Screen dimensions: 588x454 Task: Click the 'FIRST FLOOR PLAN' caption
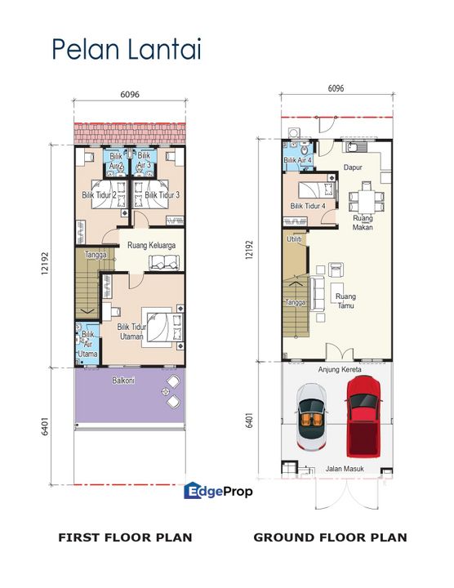pos(125,537)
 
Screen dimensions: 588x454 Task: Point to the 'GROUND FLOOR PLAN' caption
pos(330,537)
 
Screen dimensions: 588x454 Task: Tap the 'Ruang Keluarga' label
pos(152,243)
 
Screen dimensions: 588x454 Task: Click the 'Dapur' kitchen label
pos(353,167)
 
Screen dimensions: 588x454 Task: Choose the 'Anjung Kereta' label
pos(339,369)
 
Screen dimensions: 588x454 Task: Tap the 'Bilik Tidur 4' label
pos(308,206)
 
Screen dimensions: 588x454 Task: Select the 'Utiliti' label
pos(294,239)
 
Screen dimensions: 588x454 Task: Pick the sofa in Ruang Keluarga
pos(166,261)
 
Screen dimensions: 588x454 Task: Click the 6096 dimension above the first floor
pos(130,94)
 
